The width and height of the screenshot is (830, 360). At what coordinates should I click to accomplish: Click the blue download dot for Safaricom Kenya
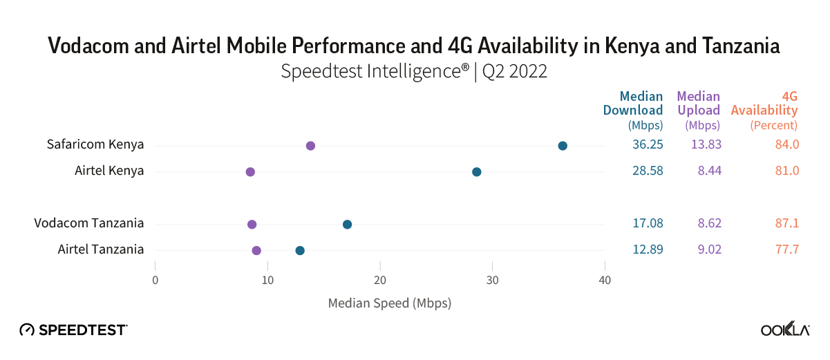(563, 146)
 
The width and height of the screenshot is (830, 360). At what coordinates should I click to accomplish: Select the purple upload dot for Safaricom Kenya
(310, 146)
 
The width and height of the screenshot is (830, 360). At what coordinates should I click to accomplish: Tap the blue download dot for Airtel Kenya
(476, 172)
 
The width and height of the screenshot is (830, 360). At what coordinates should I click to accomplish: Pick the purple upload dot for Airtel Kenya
(250, 172)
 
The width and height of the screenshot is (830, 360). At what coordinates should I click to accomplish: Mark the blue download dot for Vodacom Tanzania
(347, 225)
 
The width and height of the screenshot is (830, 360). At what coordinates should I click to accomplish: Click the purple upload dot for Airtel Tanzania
(256, 251)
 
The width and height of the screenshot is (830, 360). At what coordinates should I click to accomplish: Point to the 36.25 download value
(648, 145)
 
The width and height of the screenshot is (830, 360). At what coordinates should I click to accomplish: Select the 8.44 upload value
(709, 171)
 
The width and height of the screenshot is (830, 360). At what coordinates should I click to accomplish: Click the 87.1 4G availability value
(787, 223)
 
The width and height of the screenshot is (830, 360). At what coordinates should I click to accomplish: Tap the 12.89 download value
(648, 249)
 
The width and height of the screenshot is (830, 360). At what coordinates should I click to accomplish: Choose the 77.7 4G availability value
(787, 249)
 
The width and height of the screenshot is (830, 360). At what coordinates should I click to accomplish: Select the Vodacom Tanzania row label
(89, 223)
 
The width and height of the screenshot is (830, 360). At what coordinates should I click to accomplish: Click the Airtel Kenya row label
(109, 171)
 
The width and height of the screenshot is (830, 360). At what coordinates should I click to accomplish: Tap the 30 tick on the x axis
(492, 281)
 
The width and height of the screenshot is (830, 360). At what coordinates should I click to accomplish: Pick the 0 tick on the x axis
(155, 281)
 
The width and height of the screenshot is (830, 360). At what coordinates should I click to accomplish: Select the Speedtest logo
(73, 330)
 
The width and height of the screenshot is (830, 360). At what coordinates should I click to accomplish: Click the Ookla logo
(785, 330)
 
